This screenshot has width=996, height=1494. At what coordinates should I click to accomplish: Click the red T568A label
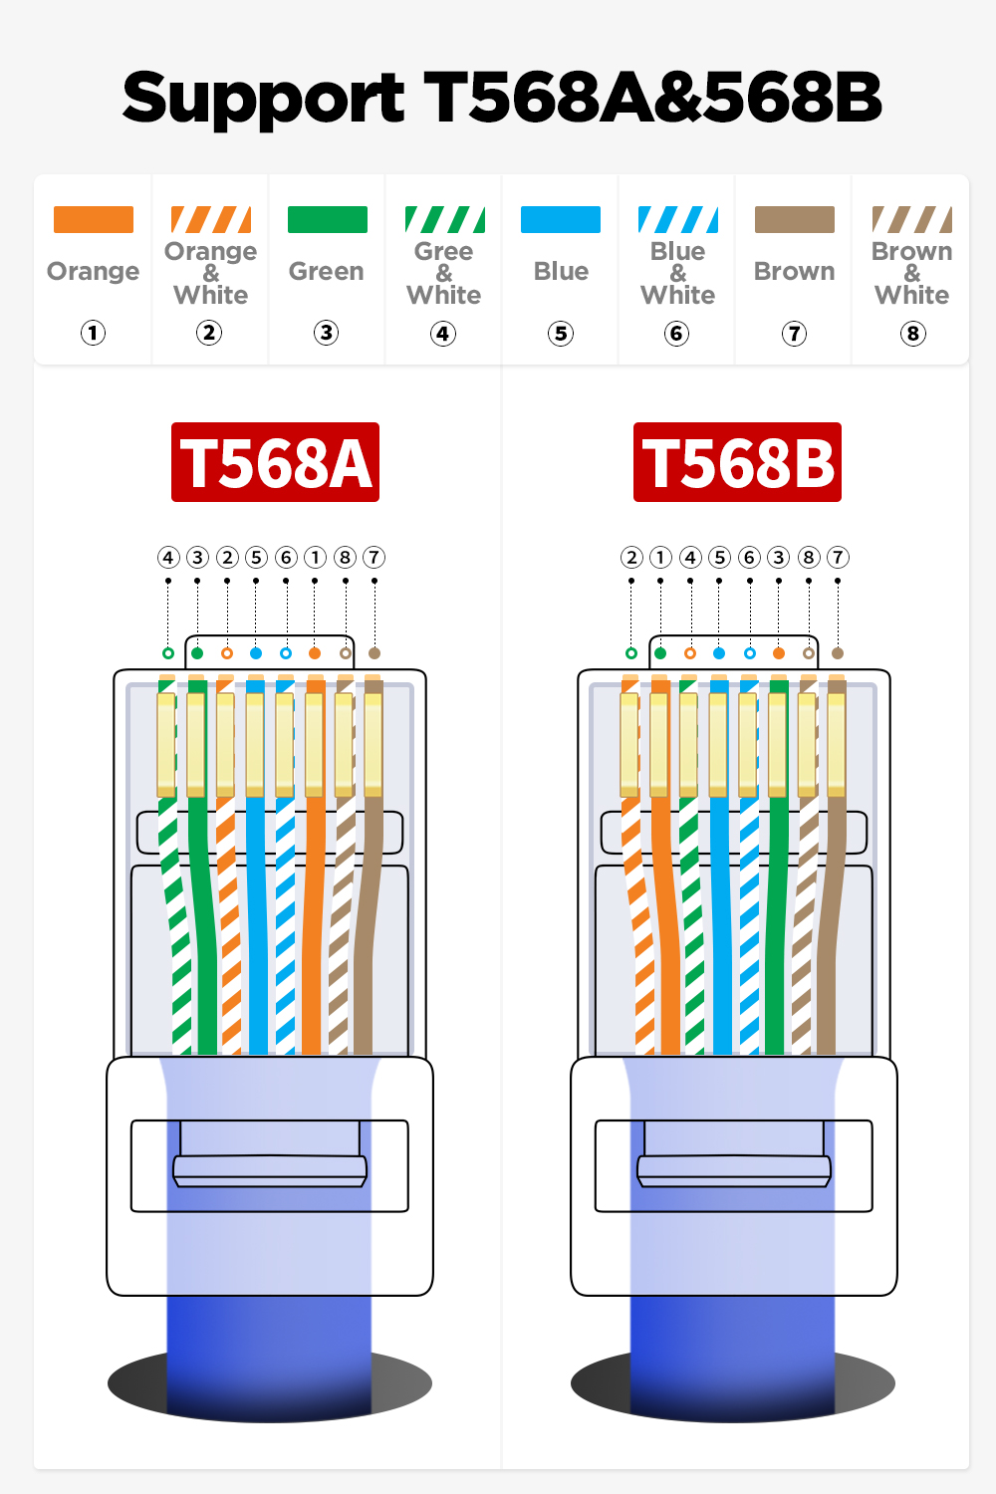[x=275, y=462]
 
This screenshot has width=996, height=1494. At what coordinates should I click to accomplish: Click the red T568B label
[x=737, y=462]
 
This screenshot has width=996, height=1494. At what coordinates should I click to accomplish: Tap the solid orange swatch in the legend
[x=94, y=219]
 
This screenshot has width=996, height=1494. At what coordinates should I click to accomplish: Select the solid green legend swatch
[x=327, y=219]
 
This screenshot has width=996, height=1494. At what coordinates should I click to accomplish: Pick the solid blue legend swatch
[x=561, y=219]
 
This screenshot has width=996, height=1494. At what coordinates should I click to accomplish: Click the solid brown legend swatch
[x=794, y=219]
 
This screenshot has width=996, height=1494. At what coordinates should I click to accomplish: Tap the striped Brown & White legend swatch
[x=911, y=219]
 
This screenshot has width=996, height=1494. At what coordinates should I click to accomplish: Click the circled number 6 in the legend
[x=677, y=334]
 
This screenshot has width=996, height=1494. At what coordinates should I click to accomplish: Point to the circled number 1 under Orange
[x=94, y=333]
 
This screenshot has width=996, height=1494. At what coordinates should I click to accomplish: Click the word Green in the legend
[x=326, y=271]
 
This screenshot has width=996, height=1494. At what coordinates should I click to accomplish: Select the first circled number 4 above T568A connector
[x=168, y=557]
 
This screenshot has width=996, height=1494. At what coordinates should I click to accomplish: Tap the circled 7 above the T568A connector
[x=373, y=557]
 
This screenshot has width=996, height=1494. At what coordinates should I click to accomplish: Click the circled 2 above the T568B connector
[x=631, y=557]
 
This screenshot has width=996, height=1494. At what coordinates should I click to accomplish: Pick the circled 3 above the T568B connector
[x=779, y=557]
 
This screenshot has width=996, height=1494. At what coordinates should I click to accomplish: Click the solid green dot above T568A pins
[x=197, y=653]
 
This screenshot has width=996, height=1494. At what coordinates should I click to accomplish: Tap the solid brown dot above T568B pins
[x=838, y=653]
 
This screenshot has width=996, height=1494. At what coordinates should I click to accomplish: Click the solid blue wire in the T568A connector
[x=257, y=926]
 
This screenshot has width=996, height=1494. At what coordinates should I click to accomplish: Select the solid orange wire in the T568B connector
[x=663, y=926]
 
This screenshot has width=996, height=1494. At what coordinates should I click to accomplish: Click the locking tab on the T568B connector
[x=734, y=1169]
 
